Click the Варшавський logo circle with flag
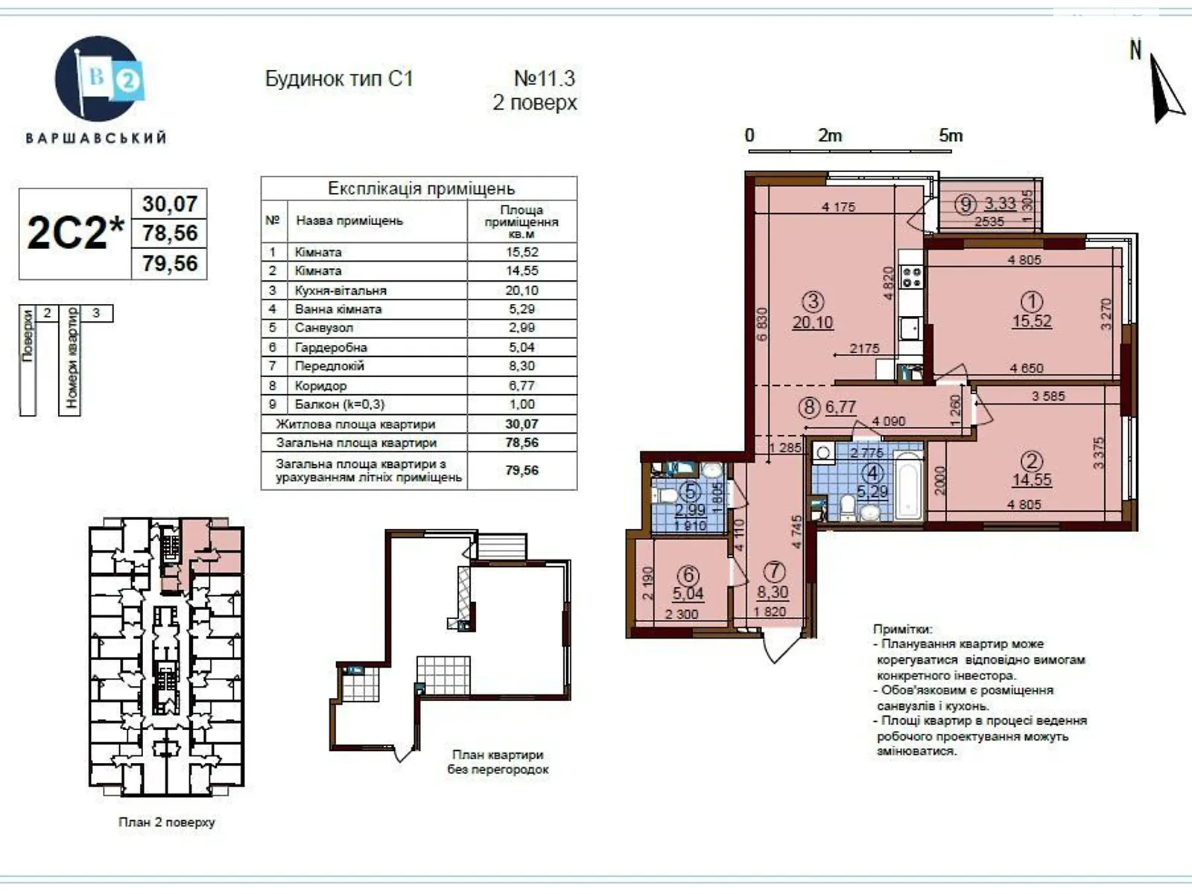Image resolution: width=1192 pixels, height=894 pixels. click(x=98, y=78)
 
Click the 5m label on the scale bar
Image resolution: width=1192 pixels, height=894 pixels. click(x=951, y=136)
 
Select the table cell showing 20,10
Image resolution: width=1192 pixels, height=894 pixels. click(x=521, y=291)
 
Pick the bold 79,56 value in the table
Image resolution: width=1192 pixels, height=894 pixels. click(x=521, y=470)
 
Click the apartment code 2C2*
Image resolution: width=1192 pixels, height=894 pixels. click(x=75, y=233)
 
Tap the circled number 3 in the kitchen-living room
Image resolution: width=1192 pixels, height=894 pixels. click(x=813, y=302)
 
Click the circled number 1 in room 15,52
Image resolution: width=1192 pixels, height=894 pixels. click(x=1032, y=302)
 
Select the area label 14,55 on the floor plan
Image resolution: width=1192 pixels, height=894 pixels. click(x=1032, y=480)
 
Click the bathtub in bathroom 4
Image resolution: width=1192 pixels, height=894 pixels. click(x=909, y=485)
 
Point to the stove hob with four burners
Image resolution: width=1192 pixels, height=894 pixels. click(x=911, y=278)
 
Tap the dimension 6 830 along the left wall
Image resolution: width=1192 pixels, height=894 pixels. click(x=761, y=323)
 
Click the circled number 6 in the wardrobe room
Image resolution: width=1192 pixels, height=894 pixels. click(x=688, y=574)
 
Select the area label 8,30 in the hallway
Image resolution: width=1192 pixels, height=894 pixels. click(x=773, y=592)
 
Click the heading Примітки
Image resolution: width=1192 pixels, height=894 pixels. click(x=901, y=630)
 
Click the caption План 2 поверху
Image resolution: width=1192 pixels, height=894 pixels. click(x=166, y=822)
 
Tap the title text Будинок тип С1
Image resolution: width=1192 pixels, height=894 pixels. click(x=339, y=79)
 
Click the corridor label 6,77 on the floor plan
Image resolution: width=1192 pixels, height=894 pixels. click(x=841, y=408)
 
